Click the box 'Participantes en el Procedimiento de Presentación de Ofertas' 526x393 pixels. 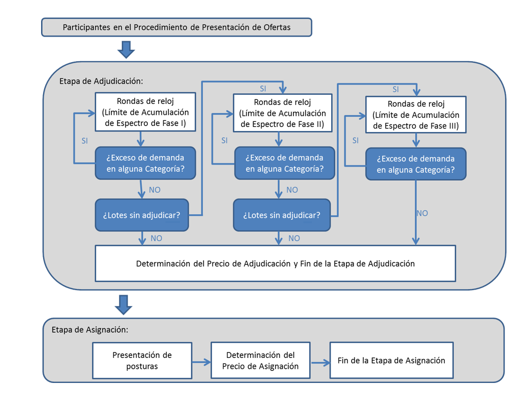pyautogui.click(x=176, y=27)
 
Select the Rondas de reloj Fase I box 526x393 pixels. pyautogui.click(x=145, y=112)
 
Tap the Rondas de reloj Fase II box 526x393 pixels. pyautogui.click(x=283, y=113)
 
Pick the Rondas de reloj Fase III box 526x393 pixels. pyautogui.click(x=416, y=114)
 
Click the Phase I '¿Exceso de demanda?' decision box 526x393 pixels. pyautogui.click(x=145, y=163)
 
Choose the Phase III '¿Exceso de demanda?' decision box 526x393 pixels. pyautogui.click(x=416, y=164)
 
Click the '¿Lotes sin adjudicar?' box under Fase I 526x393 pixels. pyautogui.click(x=142, y=215)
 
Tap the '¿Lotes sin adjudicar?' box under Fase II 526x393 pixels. pyautogui.click(x=282, y=215)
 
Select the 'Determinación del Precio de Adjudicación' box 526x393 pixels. pyautogui.click(x=276, y=264)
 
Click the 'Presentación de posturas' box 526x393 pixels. pyautogui.click(x=142, y=360)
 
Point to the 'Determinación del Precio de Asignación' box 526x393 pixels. pyautogui.click(x=260, y=360)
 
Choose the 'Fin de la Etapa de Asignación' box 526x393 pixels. pyautogui.click(x=391, y=360)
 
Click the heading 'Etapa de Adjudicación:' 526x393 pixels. pyautogui.click(x=101, y=81)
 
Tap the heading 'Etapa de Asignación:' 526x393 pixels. pyautogui.click(x=90, y=330)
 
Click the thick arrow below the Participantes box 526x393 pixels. pyautogui.click(x=126, y=50)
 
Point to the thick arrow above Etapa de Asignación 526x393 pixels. pyautogui.click(x=123, y=305)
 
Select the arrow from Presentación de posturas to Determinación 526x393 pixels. pyautogui.click(x=201, y=362)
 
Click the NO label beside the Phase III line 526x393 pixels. pyautogui.click(x=422, y=213)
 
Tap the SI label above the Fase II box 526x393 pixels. pyautogui.click(x=263, y=89)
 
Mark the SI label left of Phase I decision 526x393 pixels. pyautogui.click(x=85, y=141)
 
